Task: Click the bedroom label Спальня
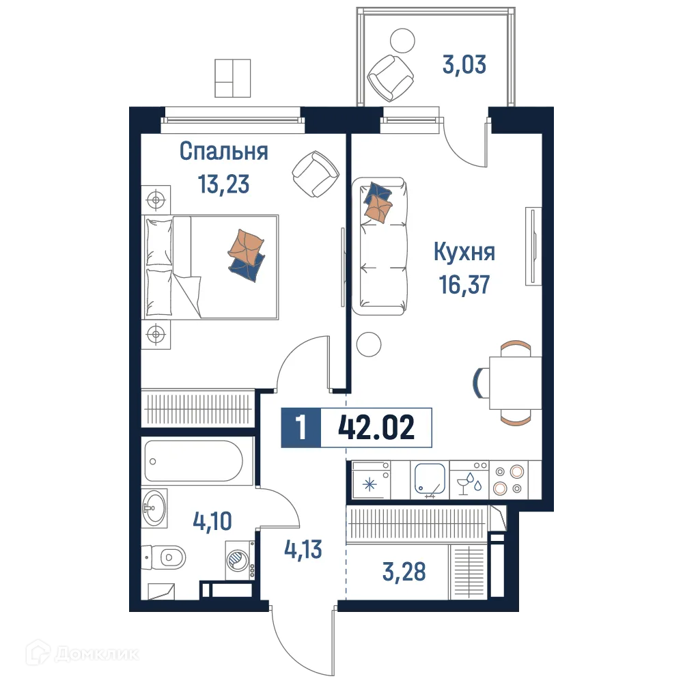click(223, 152)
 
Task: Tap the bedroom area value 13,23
click(223, 184)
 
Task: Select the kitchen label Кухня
click(464, 252)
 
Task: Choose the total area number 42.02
click(376, 429)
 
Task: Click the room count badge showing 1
click(301, 429)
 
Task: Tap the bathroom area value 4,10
click(212, 522)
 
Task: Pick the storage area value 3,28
click(404, 572)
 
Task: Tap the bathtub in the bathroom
click(193, 461)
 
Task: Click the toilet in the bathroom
click(166, 559)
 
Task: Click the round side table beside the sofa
click(370, 343)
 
